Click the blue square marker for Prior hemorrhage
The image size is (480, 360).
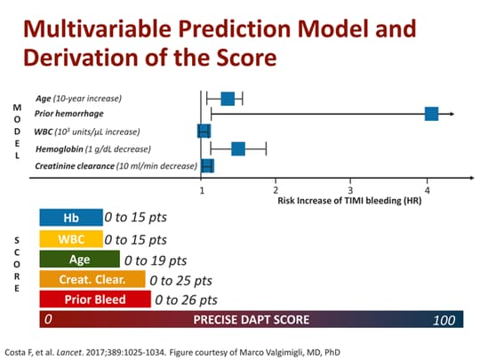[431, 114]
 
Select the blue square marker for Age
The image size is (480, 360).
[228, 98]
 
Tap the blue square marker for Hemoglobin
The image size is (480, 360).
[238, 148]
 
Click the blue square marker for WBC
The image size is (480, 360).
[204, 132]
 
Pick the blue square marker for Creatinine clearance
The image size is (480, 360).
[207, 165]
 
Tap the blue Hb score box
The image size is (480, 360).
[70, 217]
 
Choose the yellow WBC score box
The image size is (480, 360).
[70, 239]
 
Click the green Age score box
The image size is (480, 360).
[79, 260]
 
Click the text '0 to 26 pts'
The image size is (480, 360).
[186, 300]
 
